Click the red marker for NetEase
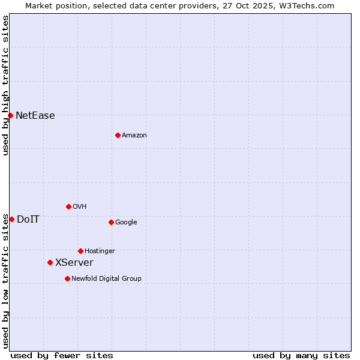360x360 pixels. (11, 115)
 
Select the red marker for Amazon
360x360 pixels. (118, 135)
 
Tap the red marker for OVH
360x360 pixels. (68, 206)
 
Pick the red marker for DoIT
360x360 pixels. (11, 219)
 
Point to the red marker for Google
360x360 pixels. (111, 222)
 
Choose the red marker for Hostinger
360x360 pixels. (80, 251)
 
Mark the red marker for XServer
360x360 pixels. (50, 262)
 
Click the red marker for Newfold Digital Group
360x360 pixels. (67, 278)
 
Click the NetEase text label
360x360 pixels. (35, 116)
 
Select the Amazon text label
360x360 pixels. (134, 136)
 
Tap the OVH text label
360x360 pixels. (80, 207)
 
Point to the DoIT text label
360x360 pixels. (28, 220)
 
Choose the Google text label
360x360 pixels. (126, 223)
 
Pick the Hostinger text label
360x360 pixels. (100, 251)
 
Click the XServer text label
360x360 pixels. (74, 263)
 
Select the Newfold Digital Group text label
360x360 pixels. (106, 279)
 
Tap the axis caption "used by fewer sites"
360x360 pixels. (62, 355)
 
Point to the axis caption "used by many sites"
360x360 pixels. (301, 355)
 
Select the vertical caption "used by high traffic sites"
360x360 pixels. (5, 85)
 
